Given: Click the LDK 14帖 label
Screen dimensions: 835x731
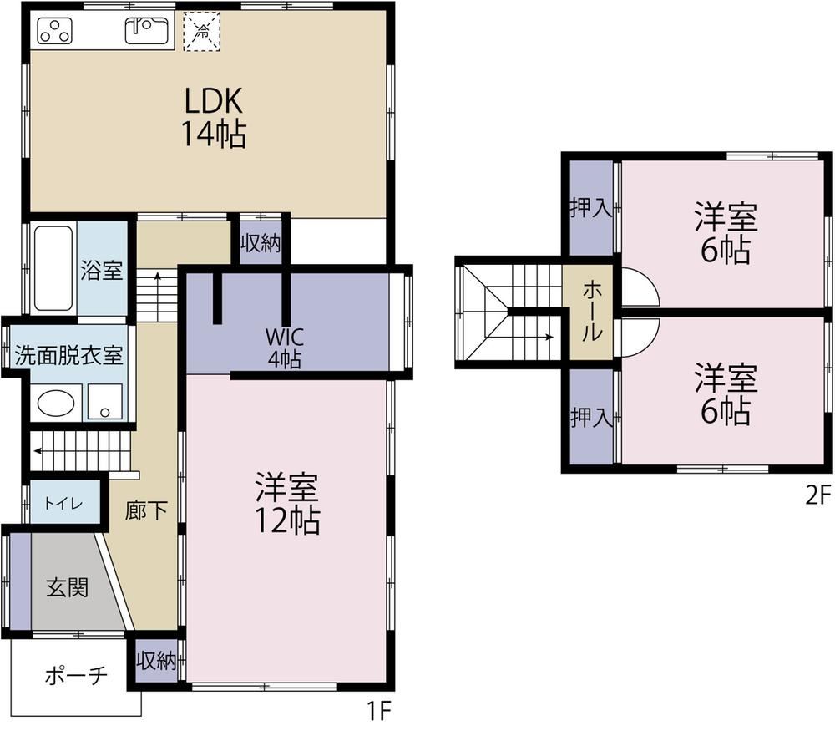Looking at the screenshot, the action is [x=214, y=117].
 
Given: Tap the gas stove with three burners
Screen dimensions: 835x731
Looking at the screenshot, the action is [x=55, y=31].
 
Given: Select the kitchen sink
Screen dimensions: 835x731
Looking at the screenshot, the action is [x=146, y=30].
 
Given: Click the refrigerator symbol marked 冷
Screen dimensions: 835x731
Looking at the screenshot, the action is [x=202, y=31].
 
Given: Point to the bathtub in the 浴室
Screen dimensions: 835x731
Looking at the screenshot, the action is [x=53, y=268].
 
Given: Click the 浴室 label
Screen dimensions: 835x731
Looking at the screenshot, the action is [x=102, y=271].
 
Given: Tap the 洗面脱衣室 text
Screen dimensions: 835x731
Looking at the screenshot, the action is [x=68, y=355].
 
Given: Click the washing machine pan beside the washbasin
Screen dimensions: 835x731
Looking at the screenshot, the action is [x=105, y=402].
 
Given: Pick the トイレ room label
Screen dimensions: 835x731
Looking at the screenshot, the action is [x=63, y=503].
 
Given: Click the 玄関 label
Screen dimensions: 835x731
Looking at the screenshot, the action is [x=67, y=587].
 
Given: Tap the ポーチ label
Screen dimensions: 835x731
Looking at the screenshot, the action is [x=76, y=676].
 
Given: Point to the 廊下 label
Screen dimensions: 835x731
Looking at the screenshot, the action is [x=146, y=511].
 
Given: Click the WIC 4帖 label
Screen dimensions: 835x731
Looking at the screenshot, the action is [x=285, y=348].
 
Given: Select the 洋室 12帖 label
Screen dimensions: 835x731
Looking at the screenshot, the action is [x=287, y=503].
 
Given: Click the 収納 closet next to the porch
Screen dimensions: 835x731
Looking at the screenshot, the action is [x=156, y=661].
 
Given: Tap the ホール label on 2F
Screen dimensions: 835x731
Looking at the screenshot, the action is [x=592, y=312].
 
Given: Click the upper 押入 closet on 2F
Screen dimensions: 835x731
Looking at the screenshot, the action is [x=591, y=208].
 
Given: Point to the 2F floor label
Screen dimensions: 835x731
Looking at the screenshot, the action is [x=818, y=496].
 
